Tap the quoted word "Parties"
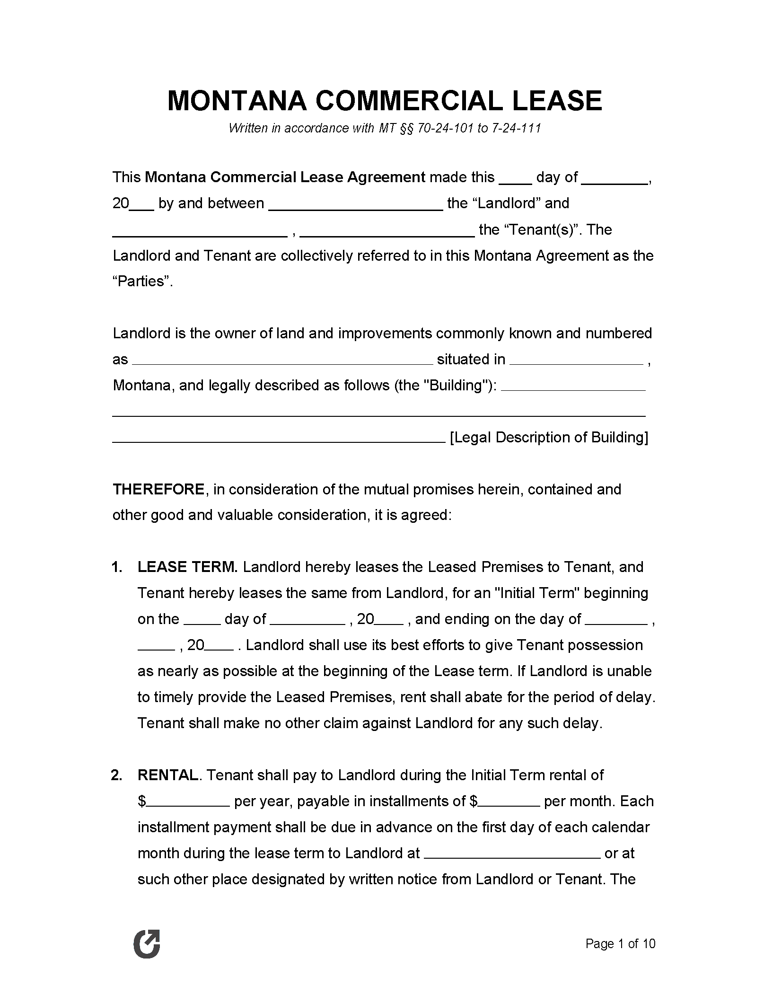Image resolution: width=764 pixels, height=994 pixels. pyautogui.click(x=142, y=281)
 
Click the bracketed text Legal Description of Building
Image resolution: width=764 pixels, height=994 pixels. pyautogui.click(x=549, y=438)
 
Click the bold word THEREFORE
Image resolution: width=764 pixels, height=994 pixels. pyautogui.click(x=158, y=489)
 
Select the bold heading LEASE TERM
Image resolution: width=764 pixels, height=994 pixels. pyautogui.click(x=187, y=567)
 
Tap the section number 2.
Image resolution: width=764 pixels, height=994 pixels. pyautogui.click(x=117, y=775)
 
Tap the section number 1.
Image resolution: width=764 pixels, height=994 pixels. pyautogui.click(x=117, y=567)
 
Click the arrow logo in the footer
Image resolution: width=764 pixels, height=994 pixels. pyautogui.click(x=147, y=944)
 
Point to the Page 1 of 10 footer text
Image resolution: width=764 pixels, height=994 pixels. pyautogui.click(x=620, y=944)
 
